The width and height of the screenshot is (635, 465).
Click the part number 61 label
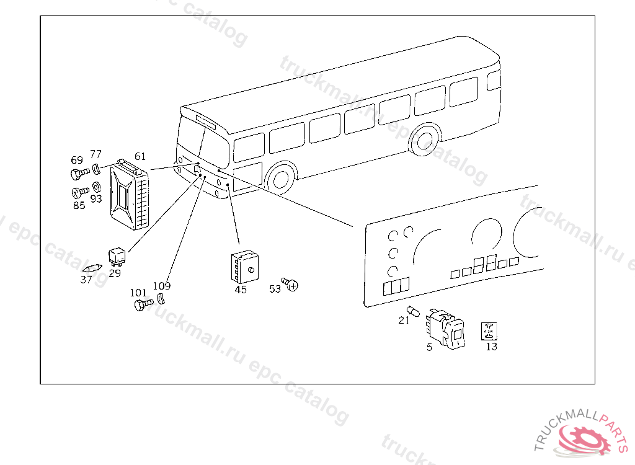tap(140, 156)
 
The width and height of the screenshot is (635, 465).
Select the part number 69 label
tap(77, 160)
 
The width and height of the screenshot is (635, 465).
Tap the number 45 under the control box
tap(241, 290)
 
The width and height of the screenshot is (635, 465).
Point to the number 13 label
tap(491, 347)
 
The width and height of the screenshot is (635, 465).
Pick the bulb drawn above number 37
tap(91, 269)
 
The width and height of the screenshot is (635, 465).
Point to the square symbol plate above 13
tap(490, 331)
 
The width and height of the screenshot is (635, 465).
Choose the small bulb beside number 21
tap(411, 310)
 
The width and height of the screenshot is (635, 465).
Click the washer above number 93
tap(97, 187)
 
